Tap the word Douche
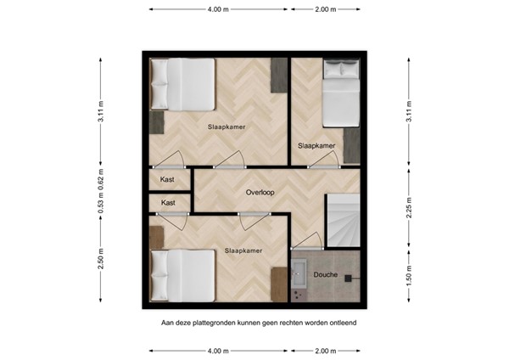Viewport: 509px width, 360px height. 326,275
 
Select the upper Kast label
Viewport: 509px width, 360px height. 168,180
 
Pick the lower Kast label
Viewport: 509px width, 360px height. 168,203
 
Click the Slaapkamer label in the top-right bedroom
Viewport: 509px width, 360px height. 316,145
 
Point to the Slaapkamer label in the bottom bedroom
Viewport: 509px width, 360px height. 243,250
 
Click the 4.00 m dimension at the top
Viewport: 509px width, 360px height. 218,9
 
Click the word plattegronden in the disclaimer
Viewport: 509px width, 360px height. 220,323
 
